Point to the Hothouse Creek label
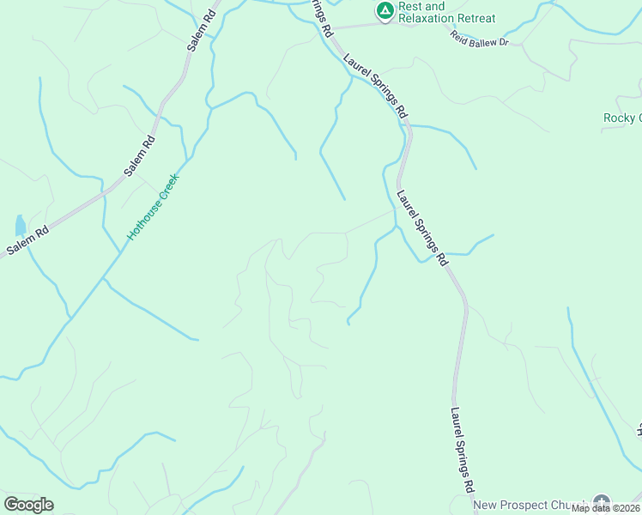coord(152,206)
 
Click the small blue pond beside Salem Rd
coord(20,226)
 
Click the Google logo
coord(28,505)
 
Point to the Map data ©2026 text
coord(606,508)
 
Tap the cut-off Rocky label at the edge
coord(621,118)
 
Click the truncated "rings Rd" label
coord(321,17)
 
